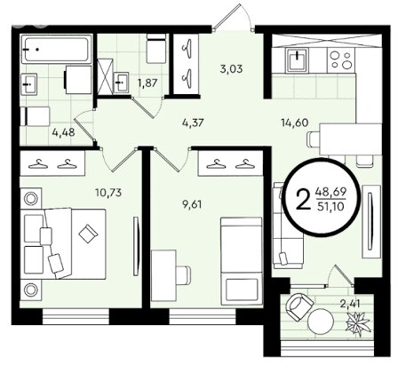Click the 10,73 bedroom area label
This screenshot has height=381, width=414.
pyautogui.click(x=108, y=193)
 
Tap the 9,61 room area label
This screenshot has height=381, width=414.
pyautogui.click(x=192, y=204)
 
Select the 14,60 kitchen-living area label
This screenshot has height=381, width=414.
pyautogui.click(x=294, y=123)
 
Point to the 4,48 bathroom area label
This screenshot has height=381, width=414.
pyautogui.click(x=63, y=132)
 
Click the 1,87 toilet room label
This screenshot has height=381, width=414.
pyautogui.click(x=147, y=83)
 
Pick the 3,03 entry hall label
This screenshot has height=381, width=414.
pyautogui.click(x=231, y=69)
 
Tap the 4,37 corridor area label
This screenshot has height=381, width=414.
pyautogui.click(x=193, y=123)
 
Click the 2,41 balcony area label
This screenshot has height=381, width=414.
pyautogui.click(x=351, y=304)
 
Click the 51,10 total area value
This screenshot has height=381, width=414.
pyautogui.click(x=330, y=206)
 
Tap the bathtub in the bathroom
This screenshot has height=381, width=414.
pyautogui.click(x=56, y=49)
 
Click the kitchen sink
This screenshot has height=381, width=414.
pyautogui.click(x=297, y=60)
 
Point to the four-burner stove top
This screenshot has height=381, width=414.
pyautogui.click(x=341, y=60)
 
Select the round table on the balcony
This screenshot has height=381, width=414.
pyautogui.click(x=321, y=321)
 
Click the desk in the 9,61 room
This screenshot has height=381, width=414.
pyautogui.click(x=163, y=275)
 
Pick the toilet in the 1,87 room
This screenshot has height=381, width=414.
pyautogui.click(x=156, y=48)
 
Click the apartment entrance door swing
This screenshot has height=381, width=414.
pyautogui.click(x=233, y=17)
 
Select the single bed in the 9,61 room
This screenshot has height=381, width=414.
pyautogui.click(x=242, y=261)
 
